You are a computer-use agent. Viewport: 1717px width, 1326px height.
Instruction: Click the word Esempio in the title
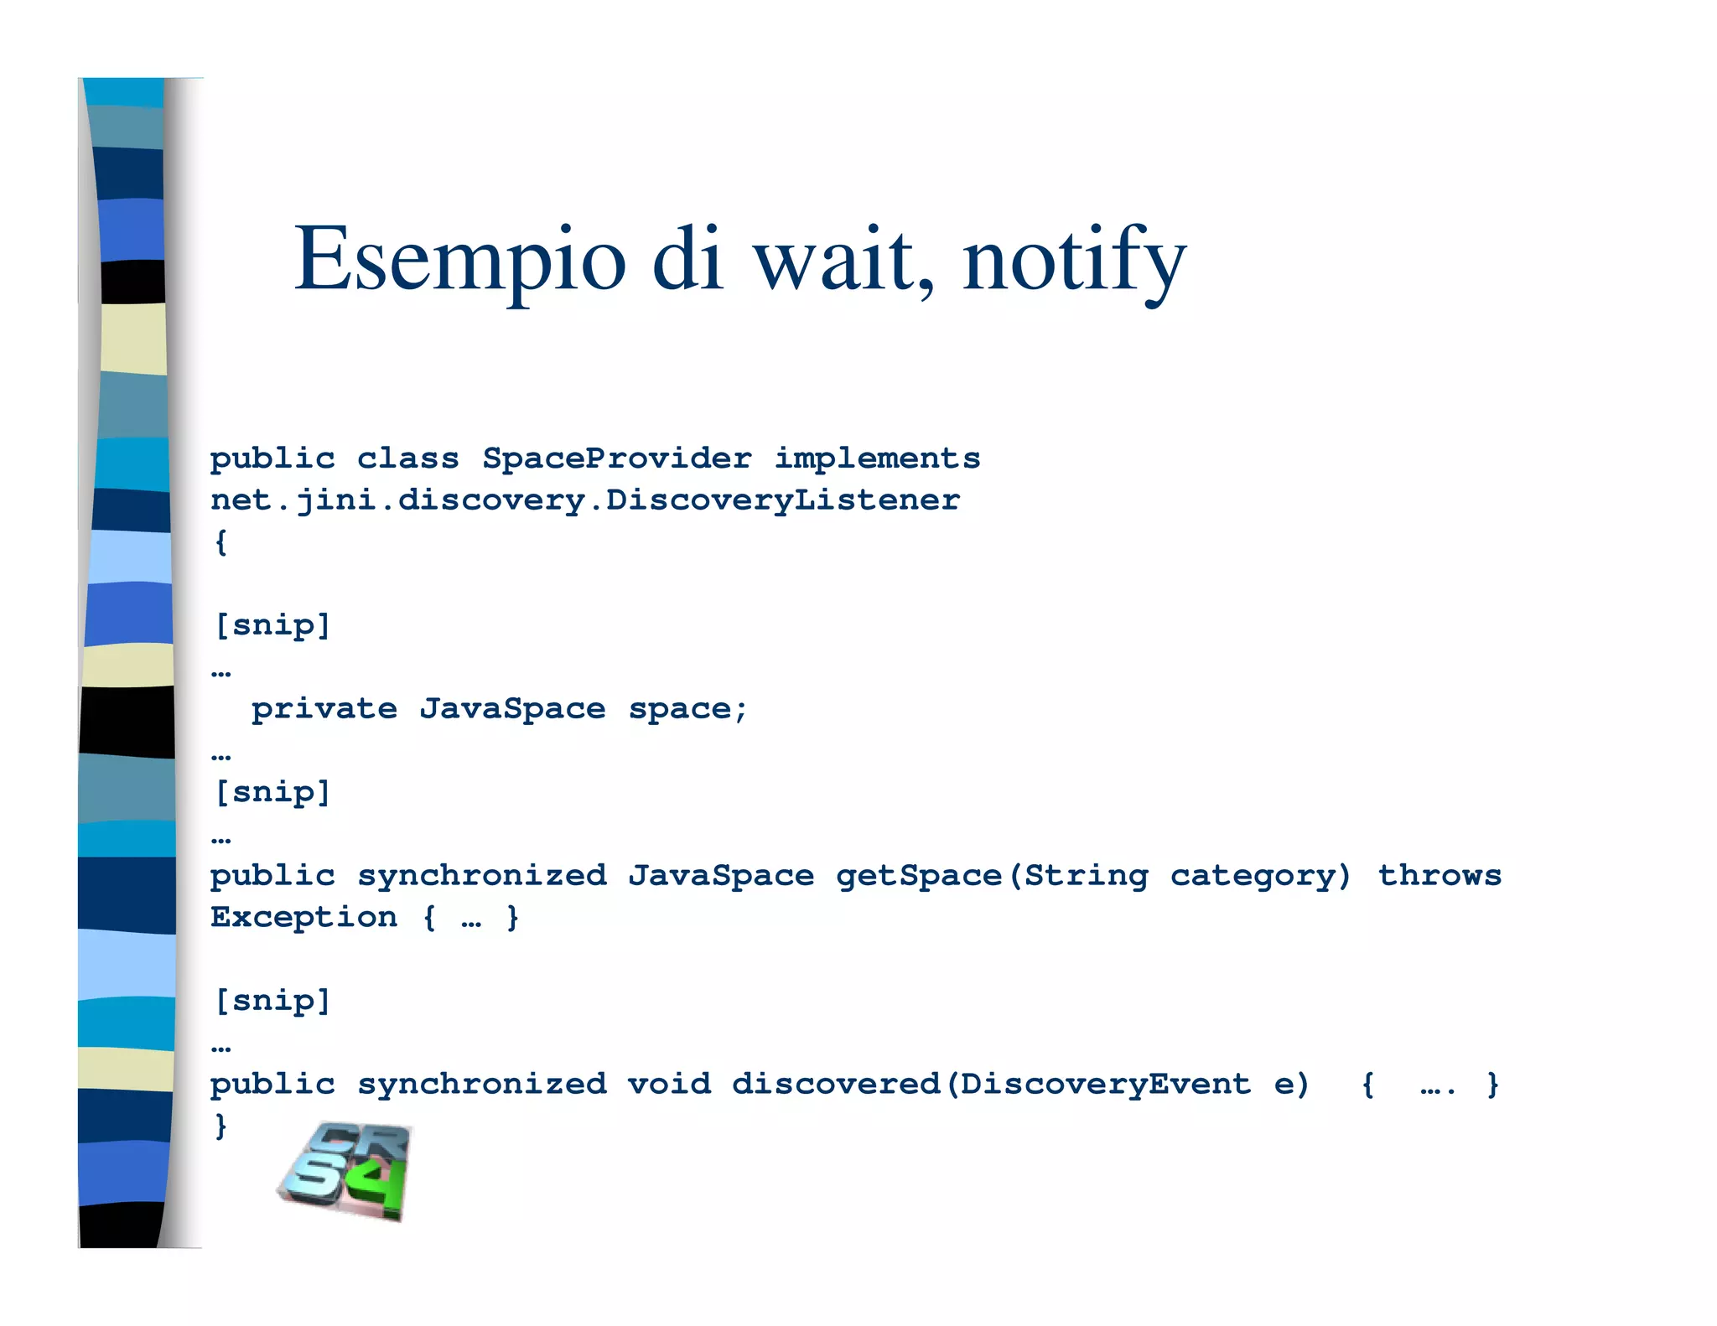tap(459, 260)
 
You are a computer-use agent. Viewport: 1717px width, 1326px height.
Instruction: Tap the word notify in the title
tap(1074, 260)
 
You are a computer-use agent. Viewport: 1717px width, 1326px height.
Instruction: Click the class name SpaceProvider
tap(616, 458)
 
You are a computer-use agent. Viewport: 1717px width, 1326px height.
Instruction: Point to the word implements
tap(877, 458)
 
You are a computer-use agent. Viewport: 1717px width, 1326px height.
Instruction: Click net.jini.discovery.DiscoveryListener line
tap(585, 500)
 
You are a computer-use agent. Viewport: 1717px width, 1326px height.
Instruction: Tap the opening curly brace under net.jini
tap(220, 541)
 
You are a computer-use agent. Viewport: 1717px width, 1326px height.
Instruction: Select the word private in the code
tap(324, 709)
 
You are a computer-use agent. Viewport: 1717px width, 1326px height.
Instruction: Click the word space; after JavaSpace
tap(687, 709)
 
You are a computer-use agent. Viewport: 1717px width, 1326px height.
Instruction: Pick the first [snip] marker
tap(272, 625)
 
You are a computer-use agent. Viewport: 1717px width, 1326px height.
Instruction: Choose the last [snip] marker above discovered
tap(272, 1001)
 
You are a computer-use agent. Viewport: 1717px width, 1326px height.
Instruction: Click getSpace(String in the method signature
tap(992, 876)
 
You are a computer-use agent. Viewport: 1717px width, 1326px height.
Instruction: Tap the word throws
tap(1439, 876)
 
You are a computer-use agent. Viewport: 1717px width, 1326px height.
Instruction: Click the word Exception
tap(303, 918)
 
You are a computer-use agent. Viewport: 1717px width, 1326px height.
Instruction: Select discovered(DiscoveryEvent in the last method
tap(991, 1085)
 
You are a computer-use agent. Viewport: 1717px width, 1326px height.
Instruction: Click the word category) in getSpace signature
tap(1261, 876)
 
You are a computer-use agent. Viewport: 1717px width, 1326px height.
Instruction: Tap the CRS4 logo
tap(345, 1171)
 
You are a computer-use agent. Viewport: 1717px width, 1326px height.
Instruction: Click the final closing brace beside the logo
tap(220, 1126)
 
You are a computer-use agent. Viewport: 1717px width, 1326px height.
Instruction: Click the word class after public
tap(407, 458)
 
